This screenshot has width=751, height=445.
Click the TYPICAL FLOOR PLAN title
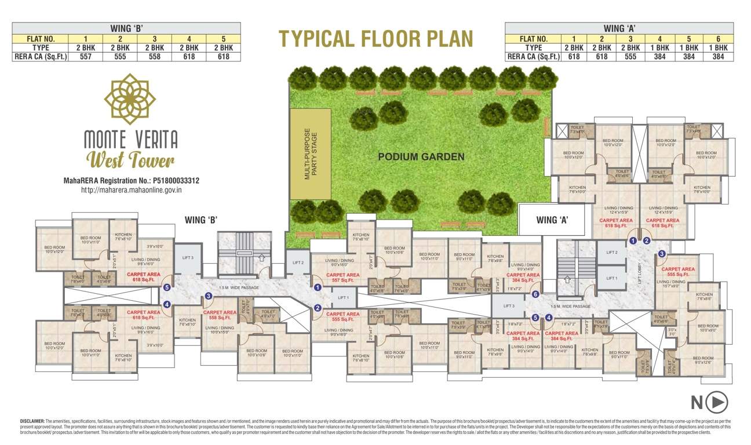point(375,38)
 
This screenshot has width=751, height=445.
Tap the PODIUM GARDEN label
point(421,156)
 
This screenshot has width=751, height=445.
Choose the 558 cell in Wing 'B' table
point(155,57)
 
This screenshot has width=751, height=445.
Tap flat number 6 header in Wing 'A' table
point(718,39)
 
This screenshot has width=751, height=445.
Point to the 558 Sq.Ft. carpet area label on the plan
point(221,316)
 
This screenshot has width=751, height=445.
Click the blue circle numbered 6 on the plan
point(535,294)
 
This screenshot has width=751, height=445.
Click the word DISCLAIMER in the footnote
point(32,421)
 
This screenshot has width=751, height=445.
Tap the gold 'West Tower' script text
point(130,159)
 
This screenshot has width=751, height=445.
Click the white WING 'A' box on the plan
point(551,220)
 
